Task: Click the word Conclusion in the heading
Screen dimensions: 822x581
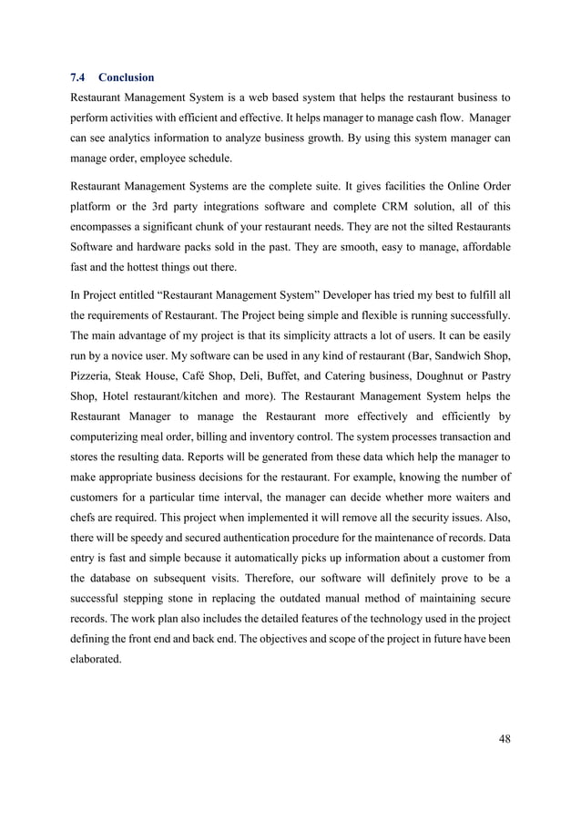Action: [x=127, y=77]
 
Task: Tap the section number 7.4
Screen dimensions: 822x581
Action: [x=77, y=77]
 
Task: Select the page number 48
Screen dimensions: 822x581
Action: [x=504, y=737]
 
